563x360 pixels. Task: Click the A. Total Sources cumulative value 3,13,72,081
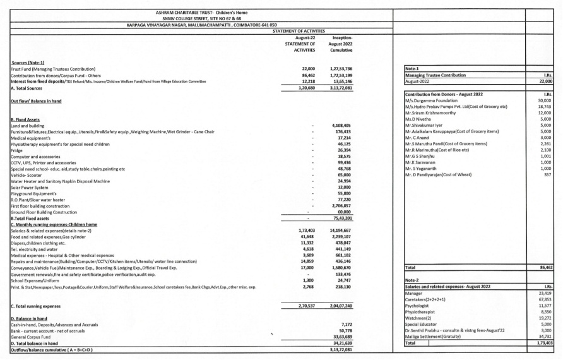click(x=345, y=88)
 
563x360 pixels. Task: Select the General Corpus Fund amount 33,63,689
click(x=345, y=336)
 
